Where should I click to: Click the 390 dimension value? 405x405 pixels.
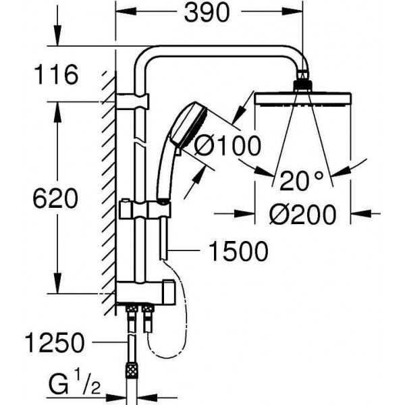pos(207,13)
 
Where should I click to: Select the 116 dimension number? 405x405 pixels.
pos(56,75)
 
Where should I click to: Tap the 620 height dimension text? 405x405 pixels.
pos(55,198)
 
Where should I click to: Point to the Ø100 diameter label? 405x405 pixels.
pos(227,145)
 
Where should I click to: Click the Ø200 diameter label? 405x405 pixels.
pos(302,215)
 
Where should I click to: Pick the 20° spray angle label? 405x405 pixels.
pos(302,181)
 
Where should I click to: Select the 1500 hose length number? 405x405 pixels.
pos(238,251)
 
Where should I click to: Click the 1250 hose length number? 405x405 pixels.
pos(55,343)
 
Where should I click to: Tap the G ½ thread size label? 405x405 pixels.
pos(74,384)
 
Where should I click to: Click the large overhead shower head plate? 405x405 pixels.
pos(302,99)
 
